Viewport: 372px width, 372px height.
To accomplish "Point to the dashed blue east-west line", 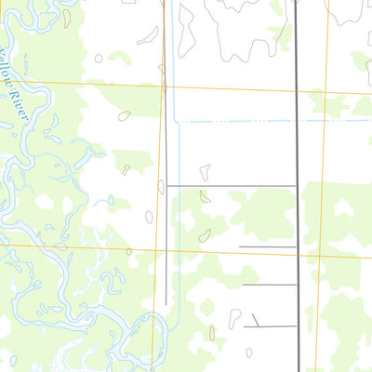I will (242, 121).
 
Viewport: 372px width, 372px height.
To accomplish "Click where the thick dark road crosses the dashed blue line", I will (298, 121).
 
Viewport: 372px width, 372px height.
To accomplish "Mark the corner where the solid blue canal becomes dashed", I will (176, 121).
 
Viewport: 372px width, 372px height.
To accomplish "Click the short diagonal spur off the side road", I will (256, 320).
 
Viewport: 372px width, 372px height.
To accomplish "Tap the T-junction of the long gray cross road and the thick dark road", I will (298, 185).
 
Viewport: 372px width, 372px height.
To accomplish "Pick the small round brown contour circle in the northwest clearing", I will (99, 58).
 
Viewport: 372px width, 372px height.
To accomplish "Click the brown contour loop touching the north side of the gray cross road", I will (205, 173).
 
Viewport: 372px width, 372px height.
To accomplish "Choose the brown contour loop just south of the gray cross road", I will (205, 235).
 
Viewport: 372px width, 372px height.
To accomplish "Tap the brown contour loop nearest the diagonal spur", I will (235, 317).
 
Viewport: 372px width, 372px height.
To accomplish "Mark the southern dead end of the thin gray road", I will (167, 303).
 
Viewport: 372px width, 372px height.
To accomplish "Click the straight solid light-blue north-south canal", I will (175, 56).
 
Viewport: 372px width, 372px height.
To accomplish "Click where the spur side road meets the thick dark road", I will (298, 325).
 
